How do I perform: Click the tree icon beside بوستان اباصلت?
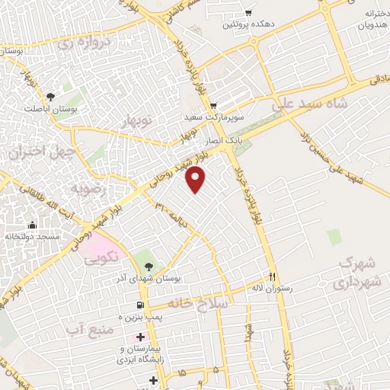coord(50,97)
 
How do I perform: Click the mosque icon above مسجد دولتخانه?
coord(32,225)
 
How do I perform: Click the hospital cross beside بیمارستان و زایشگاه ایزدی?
coord(141,337)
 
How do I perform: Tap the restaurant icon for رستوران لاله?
coord(273,276)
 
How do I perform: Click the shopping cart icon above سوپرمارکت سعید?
coord(213,105)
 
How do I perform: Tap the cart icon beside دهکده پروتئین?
coord(248,12)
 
